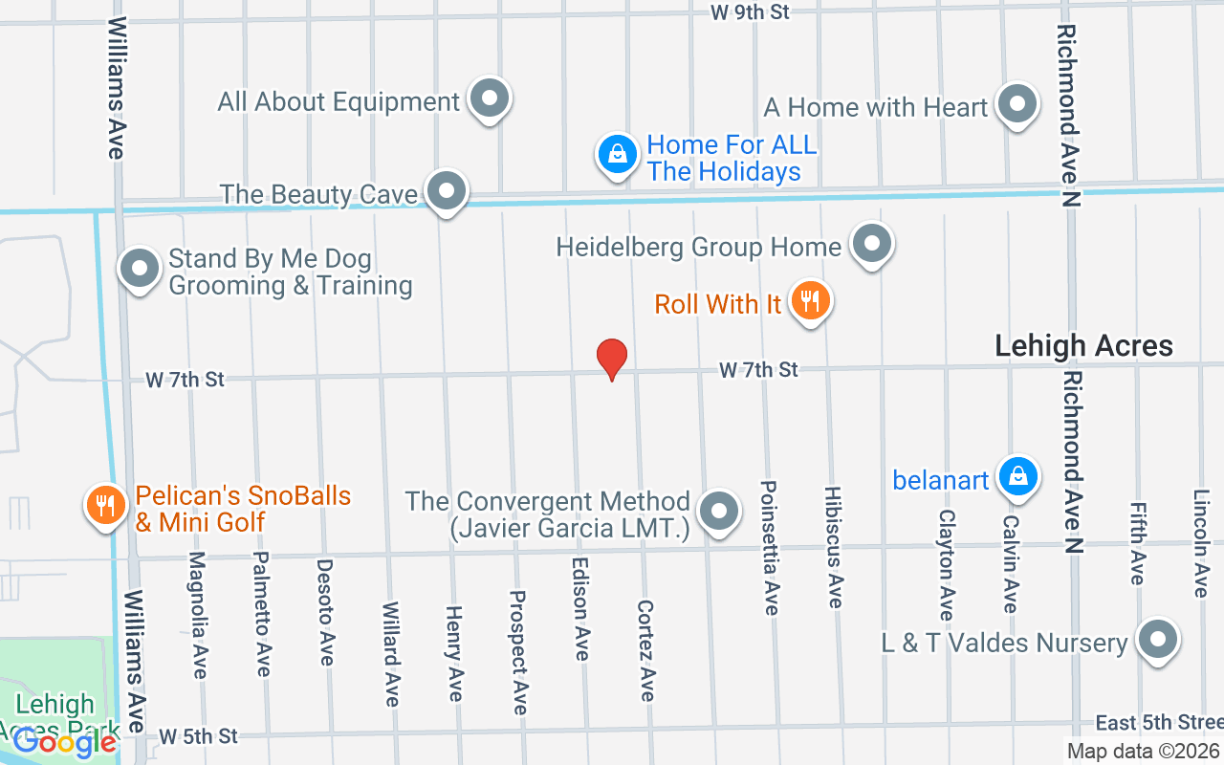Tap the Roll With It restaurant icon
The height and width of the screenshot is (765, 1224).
(810, 302)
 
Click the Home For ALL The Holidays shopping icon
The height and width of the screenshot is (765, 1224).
(618, 154)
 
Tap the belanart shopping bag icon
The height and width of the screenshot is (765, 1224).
(1018, 475)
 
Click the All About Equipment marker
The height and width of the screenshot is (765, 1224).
(491, 98)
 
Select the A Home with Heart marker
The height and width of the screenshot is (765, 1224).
(1017, 103)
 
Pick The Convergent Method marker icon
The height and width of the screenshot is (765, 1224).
(718, 511)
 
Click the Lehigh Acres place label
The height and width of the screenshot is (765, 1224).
(1083, 346)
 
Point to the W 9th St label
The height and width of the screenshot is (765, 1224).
(751, 11)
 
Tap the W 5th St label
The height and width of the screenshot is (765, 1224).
(198, 736)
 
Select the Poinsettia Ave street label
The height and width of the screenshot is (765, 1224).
(768, 548)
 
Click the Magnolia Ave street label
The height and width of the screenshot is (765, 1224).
(198, 614)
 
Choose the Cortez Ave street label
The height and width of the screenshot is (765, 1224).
(646, 650)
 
